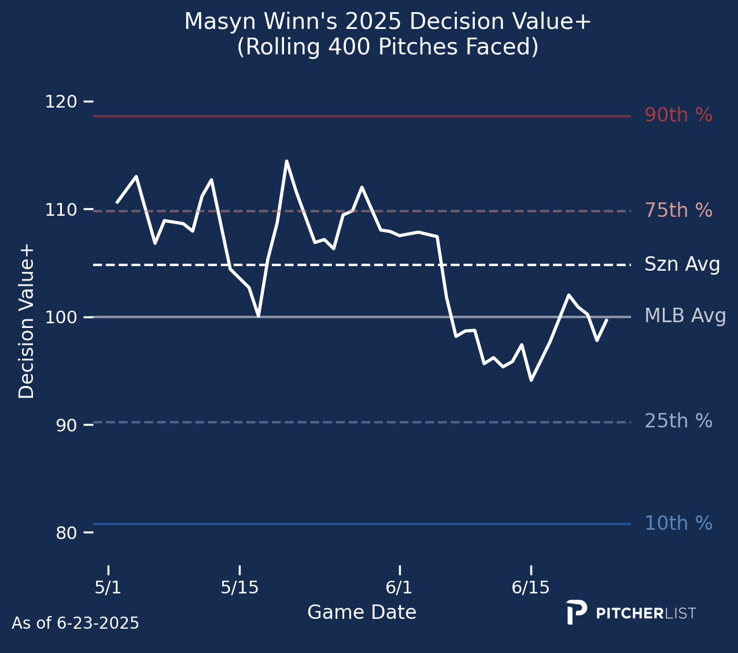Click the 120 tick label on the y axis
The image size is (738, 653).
(61, 102)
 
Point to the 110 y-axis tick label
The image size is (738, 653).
(61, 209)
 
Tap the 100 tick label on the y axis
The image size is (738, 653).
(61, 318)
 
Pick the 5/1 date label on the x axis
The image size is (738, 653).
(108, 588)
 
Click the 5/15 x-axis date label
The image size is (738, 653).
(239, 588)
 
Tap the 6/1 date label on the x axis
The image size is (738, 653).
(399, 588)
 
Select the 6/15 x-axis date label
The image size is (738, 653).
(531, 588)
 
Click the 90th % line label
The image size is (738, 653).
(678, 115)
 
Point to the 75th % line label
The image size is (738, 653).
(678, 211)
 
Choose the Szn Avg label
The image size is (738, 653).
(682, 264)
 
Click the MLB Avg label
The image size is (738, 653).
(685, 316)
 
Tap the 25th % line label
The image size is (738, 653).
(678, 421)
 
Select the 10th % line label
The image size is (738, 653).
(678, 523)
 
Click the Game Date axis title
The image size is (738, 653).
(361, 612)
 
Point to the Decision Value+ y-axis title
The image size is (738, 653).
(27, 322)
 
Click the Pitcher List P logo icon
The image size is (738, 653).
(576, 612)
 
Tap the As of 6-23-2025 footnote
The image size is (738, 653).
(75, 623)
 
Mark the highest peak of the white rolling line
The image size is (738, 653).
(286, 161)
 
